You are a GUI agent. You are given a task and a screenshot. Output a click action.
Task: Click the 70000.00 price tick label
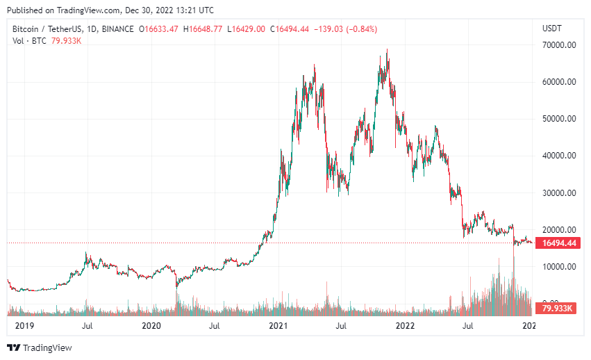pos(560,45)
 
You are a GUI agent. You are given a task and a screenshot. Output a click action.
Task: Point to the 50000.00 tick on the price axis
pos(560,119)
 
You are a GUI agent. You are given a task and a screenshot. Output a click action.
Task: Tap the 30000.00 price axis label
pos(560,193)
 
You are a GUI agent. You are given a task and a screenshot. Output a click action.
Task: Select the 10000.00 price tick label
pos(560,266)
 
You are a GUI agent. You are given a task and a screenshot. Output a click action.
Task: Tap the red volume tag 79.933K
pos(557,308)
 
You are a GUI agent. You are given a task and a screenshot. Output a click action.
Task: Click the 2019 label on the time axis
pos(24,325)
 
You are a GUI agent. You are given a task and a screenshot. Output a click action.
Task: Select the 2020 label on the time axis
pos(151,325)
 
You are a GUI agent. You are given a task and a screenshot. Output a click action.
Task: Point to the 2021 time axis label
pos(278,325)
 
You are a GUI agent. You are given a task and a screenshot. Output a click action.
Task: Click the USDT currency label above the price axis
pos(551,28)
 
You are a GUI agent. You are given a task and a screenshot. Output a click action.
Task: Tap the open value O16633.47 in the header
pos(159,28)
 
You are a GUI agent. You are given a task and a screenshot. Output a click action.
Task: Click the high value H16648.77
pos(203,28)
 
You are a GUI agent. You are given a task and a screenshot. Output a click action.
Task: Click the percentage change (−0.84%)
pos(358,28)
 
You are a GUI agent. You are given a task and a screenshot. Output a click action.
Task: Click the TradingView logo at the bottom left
pos(40,347)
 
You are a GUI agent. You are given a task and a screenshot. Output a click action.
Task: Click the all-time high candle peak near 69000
pos(387,50)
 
